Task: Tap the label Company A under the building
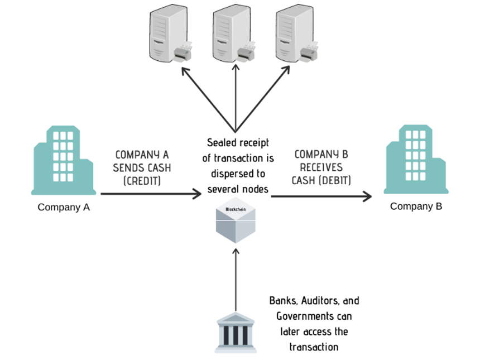click(x=64, y=207)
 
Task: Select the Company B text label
click(x=416, y=207)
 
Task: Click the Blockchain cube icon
click(x=237, y=224)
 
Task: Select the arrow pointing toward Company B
click(x=321, y=195)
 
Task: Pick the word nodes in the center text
click(x=255, y=189)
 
